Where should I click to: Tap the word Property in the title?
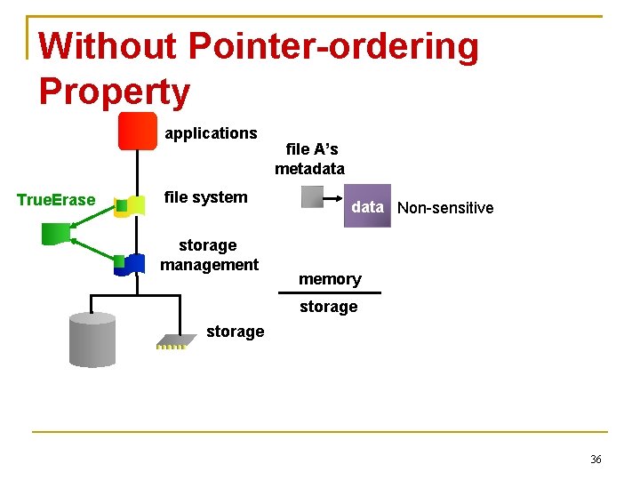[115, 92]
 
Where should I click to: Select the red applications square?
[138, 132]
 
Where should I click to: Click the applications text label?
[211, 133]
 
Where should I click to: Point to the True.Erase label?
[56, 200]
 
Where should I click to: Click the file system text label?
[206, 197]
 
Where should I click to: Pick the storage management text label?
[209, 255]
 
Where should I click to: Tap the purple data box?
[367, 206]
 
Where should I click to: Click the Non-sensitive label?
[445, 208]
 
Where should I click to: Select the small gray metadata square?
[313, 196]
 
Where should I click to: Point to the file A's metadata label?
[309, 159]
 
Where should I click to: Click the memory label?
[330, 279]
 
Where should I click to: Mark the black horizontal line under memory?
[329, 292]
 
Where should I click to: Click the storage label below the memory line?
[328, 307]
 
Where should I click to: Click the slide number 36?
[595, 460]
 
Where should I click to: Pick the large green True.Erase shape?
[56, 234]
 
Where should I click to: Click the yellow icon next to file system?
[131, 206]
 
